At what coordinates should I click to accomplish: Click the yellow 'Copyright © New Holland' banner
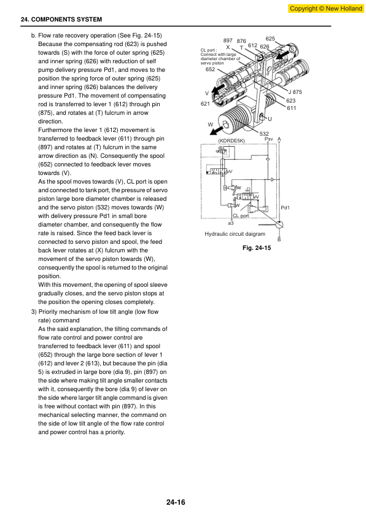[x=325, y=8]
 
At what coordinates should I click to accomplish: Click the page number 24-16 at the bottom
[x=176, y=502]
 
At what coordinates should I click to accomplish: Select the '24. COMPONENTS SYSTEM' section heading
[x=61, y=20]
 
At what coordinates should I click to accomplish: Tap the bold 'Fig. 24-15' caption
[x=257, y=247]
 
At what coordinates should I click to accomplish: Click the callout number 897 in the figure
[x=228, y=41]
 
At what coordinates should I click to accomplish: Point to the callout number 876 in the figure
[x=241, y=41]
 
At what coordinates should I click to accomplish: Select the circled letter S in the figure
[x=292, y=50]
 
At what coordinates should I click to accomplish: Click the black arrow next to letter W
[x=216, y=131]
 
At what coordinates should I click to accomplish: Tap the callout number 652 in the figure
[x=210, y=69]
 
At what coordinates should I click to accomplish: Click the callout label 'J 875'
[x=295, y=92]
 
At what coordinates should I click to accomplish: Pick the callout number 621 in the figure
[x=205, y=104]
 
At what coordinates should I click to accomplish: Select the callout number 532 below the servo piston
[x=264, y=133]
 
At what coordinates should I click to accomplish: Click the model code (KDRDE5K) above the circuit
[x=232, y=141]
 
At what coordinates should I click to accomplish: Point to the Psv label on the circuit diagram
[x=269, y=139]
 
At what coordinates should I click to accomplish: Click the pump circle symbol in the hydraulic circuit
[x=279, y=225]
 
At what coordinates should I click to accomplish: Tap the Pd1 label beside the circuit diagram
[x=285, y=208]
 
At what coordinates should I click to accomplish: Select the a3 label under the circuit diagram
[x=231, y=224]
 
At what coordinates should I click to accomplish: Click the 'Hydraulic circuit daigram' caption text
[x=235, y=234]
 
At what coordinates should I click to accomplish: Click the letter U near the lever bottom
[x=270, y=119]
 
